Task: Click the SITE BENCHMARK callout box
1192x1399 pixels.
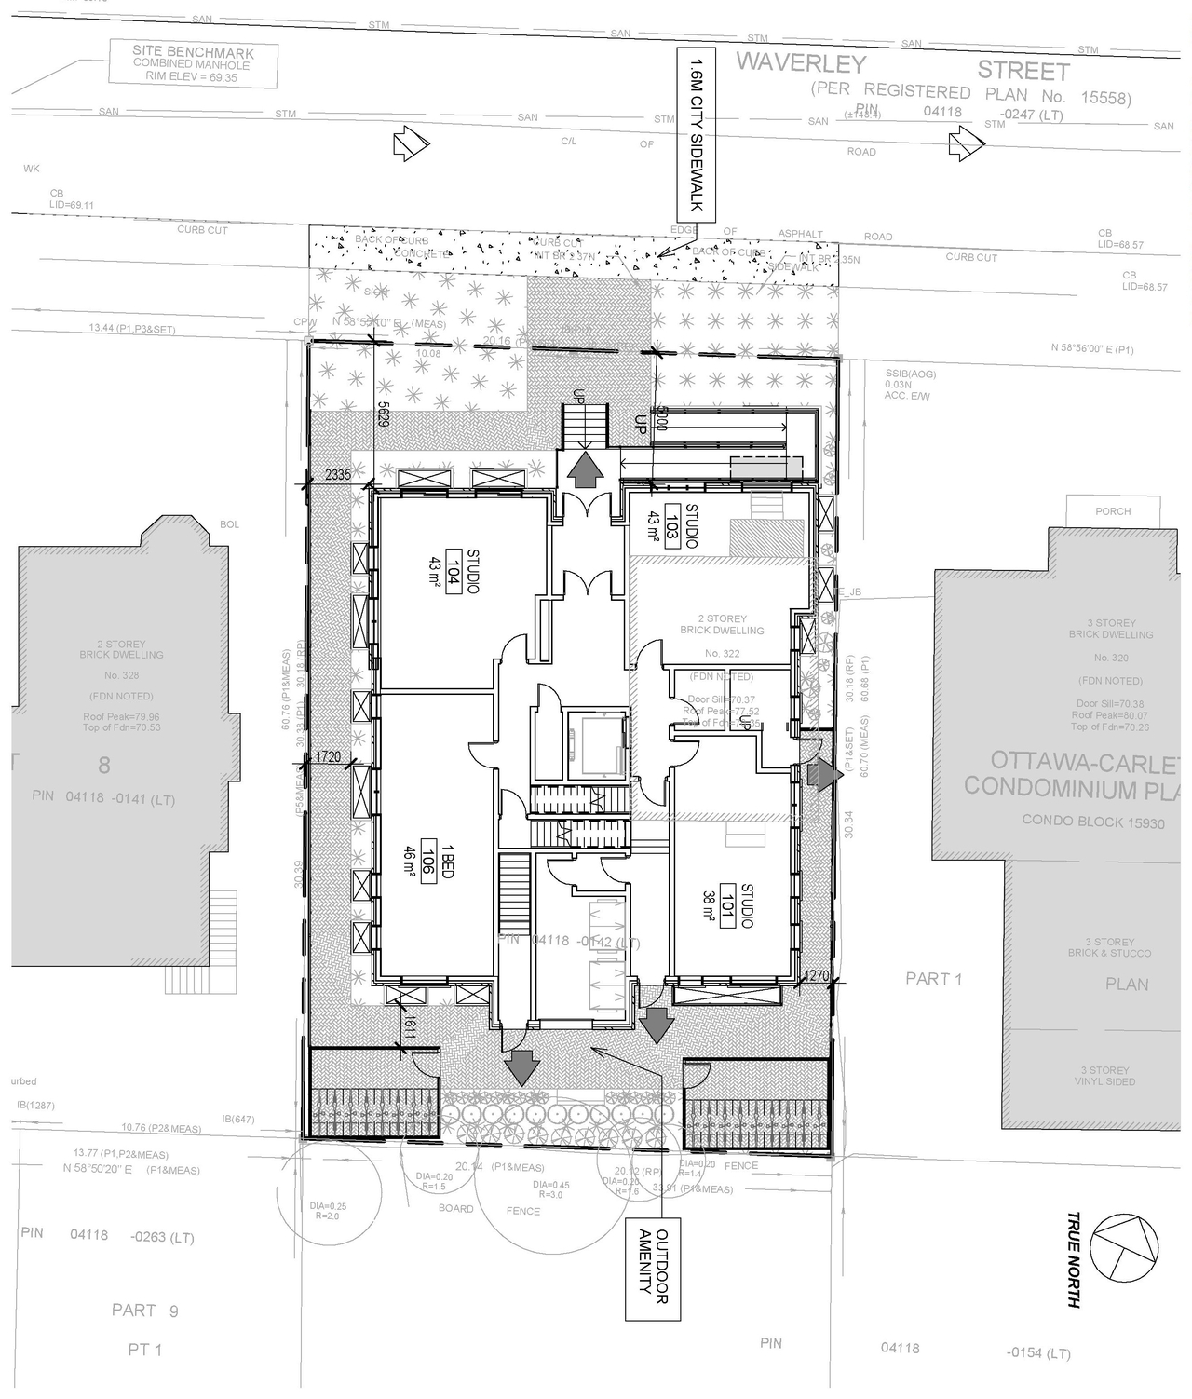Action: coord(193,64)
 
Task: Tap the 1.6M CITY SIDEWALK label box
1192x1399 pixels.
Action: coord(696,135)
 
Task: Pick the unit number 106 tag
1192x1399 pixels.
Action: coord(429,853)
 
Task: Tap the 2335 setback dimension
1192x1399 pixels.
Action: coord(338,475)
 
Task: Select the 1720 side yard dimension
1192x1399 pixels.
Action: coord(328,757)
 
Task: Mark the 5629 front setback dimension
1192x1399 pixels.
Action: coord(383,419)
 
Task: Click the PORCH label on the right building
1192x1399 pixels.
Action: coord(1113,511)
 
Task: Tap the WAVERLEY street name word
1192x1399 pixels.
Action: coord(801,64)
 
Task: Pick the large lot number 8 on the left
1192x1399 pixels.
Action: coord(104,766)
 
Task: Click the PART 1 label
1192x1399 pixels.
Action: coord(933,979)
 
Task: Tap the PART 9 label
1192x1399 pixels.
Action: coord(144,1311)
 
